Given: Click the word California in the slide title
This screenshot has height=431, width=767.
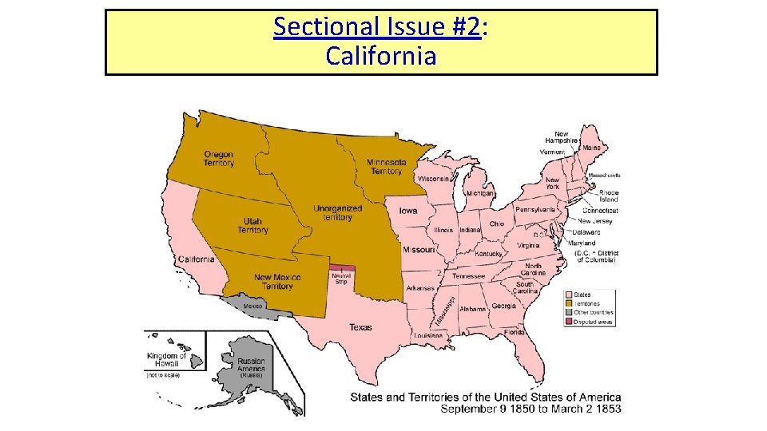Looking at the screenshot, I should pos(381,56).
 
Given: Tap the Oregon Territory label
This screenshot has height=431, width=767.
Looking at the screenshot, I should pos(219,159).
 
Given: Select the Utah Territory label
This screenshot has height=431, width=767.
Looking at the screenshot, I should pos(252,226).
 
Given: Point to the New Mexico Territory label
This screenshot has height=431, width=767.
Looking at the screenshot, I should pos(277,282).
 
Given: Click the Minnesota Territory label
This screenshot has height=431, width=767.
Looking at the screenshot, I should pos(386,167).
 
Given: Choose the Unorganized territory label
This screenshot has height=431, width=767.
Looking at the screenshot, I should pos(337,213).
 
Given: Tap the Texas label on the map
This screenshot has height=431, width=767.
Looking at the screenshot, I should pos(360,327).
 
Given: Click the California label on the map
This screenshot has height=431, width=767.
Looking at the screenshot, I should pos(196,259).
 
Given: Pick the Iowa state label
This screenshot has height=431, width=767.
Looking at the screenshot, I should pos(407,212).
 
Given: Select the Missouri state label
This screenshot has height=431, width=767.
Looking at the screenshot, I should pos(419,250).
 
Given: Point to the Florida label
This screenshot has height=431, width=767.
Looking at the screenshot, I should pos(514,331).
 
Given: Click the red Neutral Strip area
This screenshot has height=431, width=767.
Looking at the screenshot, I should pos(340,269).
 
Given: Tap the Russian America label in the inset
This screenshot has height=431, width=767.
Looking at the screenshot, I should pos(251,365).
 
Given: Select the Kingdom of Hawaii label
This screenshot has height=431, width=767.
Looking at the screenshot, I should pos(166,360).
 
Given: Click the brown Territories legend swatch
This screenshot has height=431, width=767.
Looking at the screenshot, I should pos(569,303).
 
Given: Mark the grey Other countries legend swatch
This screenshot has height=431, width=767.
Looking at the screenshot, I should pos(569,313).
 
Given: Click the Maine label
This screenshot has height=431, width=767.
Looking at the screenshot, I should pos(591,148).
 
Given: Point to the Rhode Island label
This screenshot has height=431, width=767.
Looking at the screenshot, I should pos(609,196).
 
